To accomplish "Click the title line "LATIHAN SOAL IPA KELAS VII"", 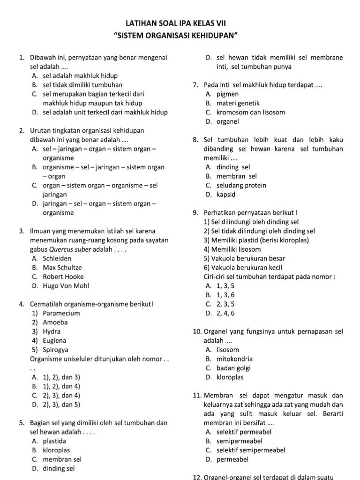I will click(180, 23).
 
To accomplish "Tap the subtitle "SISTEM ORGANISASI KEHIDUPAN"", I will click(180, 36).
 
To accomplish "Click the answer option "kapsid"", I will click(226, 195).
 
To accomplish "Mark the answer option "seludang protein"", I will click(241, 185).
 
